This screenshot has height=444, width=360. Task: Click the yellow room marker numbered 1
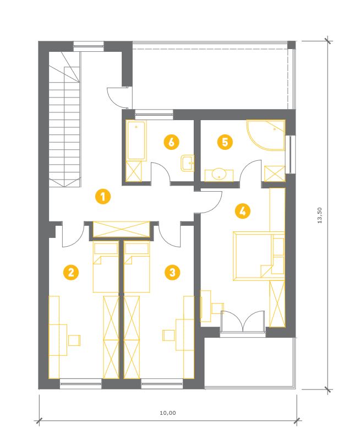pyautogui.click(x=103, y=196)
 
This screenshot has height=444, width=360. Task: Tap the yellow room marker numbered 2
pyautogui.click(x=71, y=272)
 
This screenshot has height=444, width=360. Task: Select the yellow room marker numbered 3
pyautogui.click(x=172, y=272)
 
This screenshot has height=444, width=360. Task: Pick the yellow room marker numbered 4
pyautogui.click(x=243, y=211)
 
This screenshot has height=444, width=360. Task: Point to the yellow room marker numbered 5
pyautogui.click(x=225, y=142)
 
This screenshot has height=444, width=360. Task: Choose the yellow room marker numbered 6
pyautogui.click(x=172, y=142)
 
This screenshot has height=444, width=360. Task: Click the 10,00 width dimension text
pyautogui.click(x=168, y=413)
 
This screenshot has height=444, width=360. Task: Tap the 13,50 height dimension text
pyautogui.click(x=319, y=215)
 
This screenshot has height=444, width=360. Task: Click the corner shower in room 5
pyautogui.click(x=265, y=135)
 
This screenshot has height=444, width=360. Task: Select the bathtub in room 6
pyautogui.click(x=137, y=140)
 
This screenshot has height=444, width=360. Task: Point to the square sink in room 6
pyautogui.click(x=187, y=163)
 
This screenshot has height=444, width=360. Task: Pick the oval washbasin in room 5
pyautogui.click(x=219, y=174)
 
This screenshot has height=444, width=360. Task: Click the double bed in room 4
pyautogui.click(x=259, y=256)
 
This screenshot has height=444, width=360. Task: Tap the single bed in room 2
pyautogui.click(x=106, y=267)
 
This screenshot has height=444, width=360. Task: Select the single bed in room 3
pyautogui.click(x=137, y=267)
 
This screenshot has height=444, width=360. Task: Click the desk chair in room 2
pyautogui.click(x=74, y=340)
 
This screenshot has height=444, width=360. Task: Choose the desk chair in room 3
pyautogui.click(x=169, y=335)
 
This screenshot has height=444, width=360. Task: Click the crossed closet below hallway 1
pyautogui.click(x=122, y=229)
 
